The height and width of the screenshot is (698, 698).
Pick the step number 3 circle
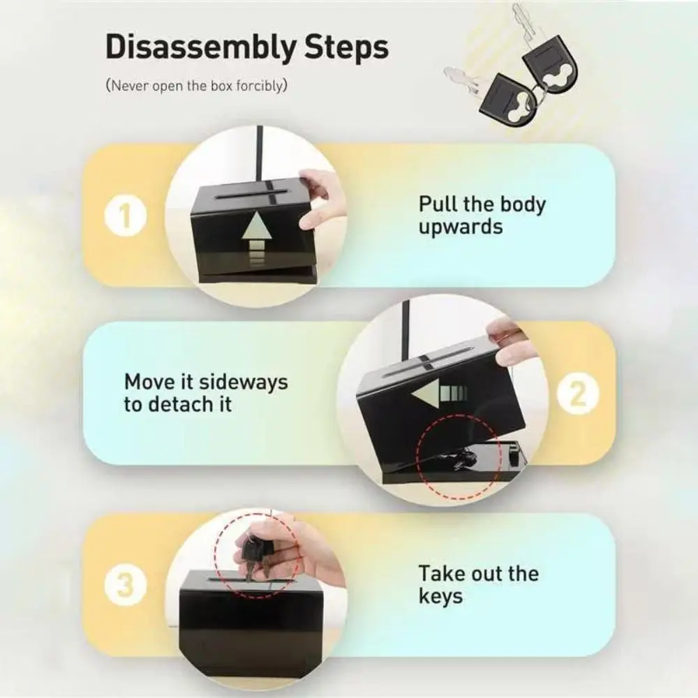coord(126,585)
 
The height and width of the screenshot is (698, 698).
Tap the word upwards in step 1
coord(461,227)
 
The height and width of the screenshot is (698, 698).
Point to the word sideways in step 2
coord(243,382)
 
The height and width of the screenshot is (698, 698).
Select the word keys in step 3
coord(440,597)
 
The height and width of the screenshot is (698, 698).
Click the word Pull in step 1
coord(437,205)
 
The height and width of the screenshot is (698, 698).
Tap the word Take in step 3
coord(442,574)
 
